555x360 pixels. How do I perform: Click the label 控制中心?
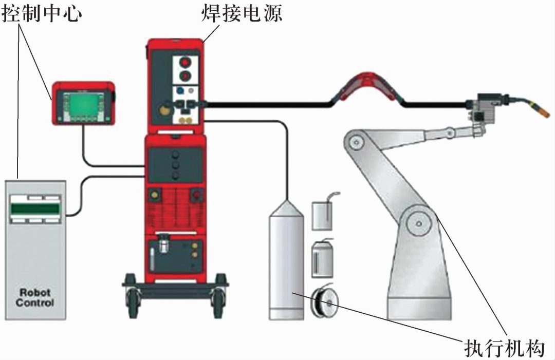[42, 13]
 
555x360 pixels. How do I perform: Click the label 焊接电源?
[241, 13]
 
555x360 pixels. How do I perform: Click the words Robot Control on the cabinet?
[34, 297]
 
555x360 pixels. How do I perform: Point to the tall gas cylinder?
[286, 262]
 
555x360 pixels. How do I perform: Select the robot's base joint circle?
[420, 222]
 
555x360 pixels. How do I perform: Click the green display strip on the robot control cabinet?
[34, 209]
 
